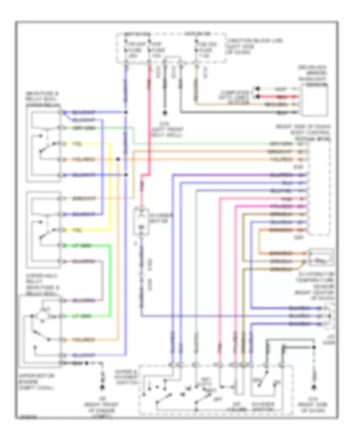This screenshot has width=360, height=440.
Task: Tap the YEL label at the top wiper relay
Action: pyautogui.click(x=78, y=144)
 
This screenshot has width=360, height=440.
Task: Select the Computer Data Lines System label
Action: pyautogui.click(x=235, y=98)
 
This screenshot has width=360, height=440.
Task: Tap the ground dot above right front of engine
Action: pyautogui.click(x=102, y=388)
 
